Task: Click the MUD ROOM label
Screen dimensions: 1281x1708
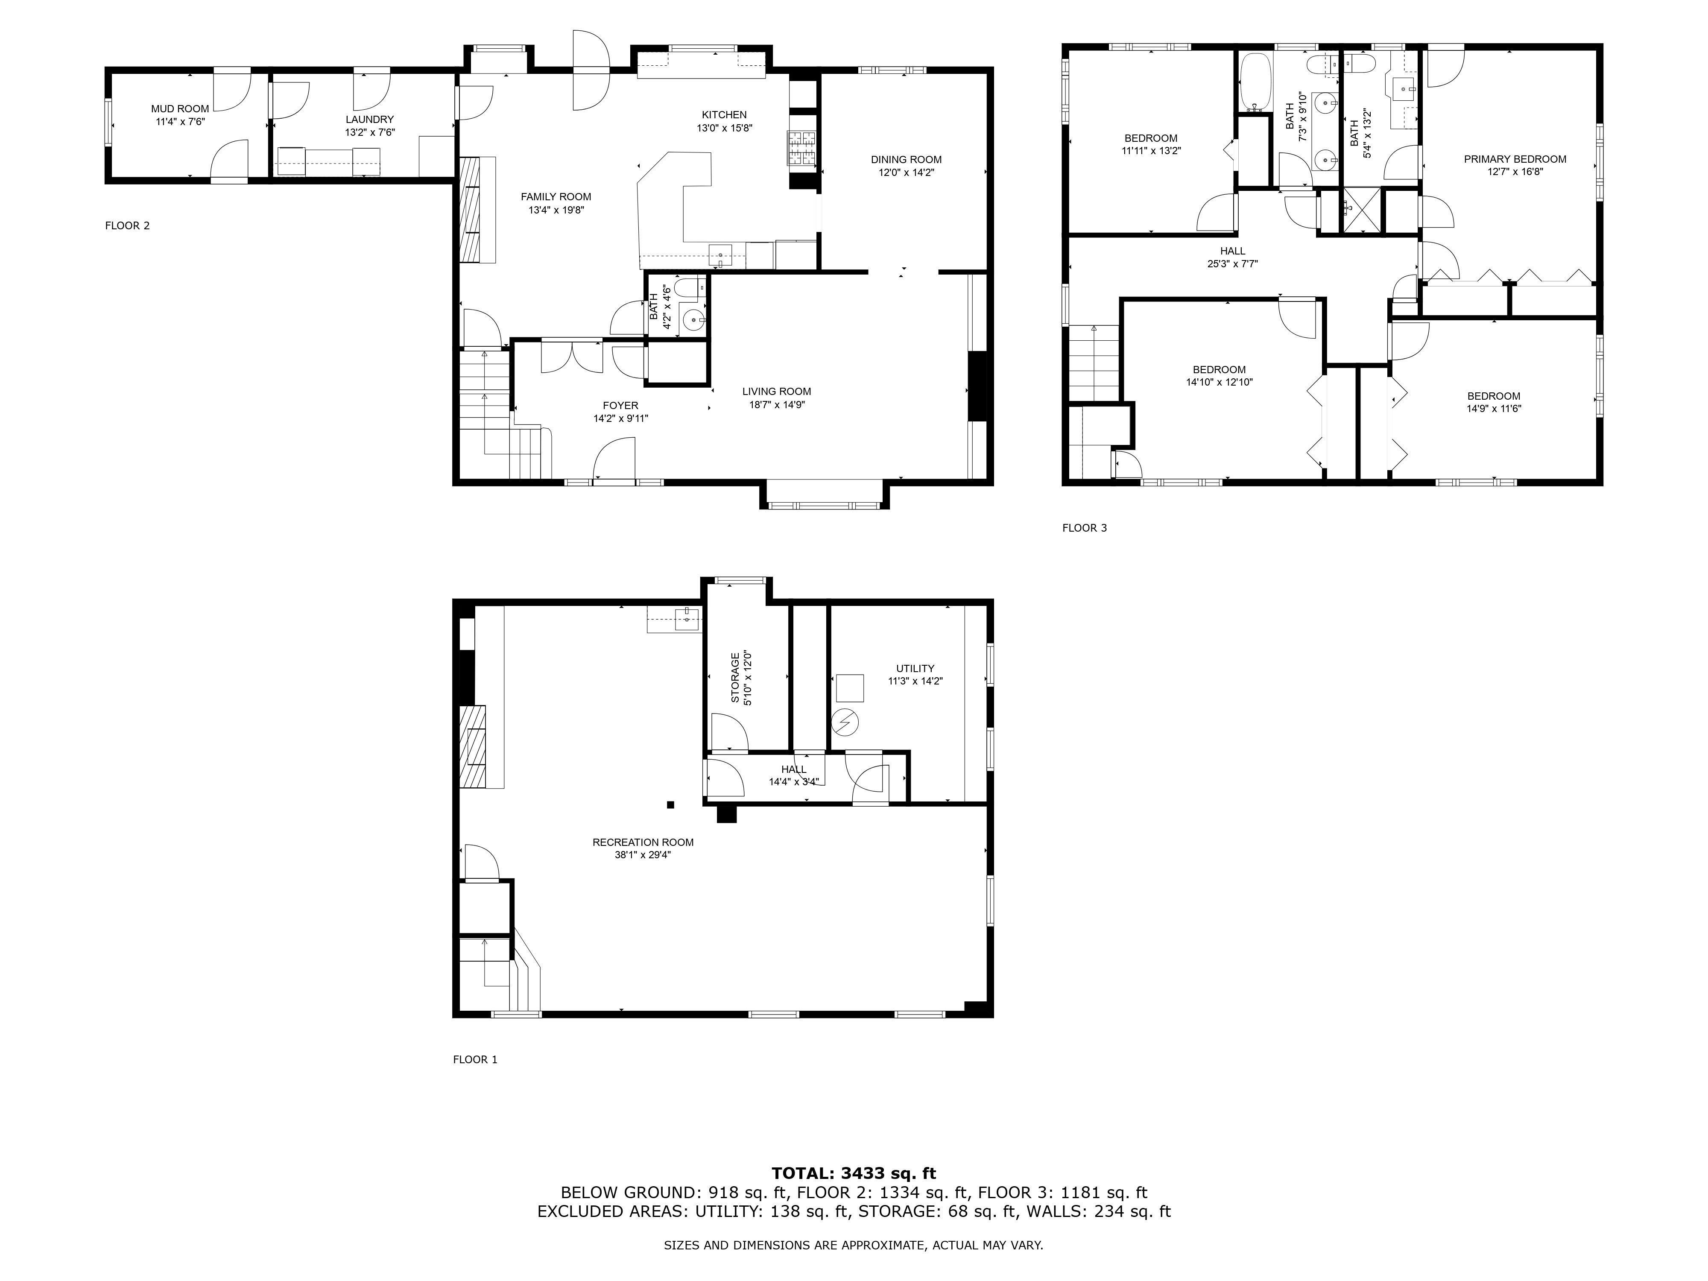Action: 180,109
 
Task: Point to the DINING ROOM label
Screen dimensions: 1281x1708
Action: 906,160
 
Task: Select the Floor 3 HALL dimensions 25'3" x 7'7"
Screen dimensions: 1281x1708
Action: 1232,264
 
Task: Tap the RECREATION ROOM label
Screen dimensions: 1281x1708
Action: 643,842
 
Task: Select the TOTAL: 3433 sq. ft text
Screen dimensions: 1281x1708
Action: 853,1174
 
